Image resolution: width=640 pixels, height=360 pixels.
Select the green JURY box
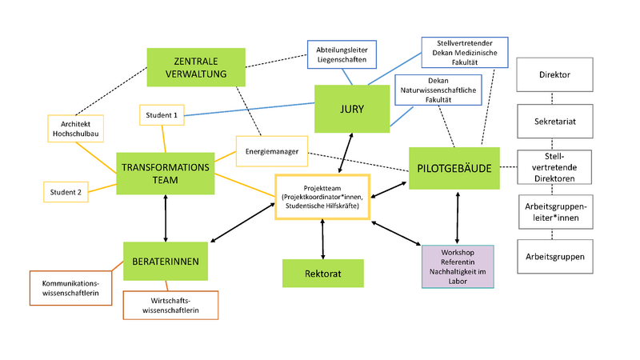click(351, 109)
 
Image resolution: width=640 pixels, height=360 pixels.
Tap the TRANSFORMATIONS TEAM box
click(166, 174)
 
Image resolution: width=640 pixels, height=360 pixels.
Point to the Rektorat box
click(322, 273)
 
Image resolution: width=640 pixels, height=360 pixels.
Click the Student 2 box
click(65, 192)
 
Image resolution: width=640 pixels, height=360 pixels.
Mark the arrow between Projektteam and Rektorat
click(322, 238)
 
